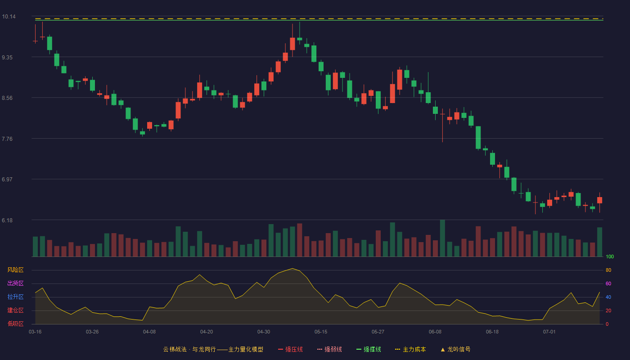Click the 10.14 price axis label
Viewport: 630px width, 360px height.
(9, 17)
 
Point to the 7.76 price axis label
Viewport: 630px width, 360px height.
(7, 139)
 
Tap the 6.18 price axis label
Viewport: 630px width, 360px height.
(7, 220)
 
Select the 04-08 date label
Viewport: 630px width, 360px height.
(149, 332)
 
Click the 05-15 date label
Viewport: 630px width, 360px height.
(321, 332)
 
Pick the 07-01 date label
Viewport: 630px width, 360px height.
(549, 332)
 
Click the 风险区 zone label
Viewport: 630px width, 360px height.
(15, 270)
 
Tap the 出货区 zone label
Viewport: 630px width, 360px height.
(15, 283)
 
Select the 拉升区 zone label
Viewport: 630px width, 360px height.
(15, 297)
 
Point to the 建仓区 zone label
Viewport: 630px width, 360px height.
(15, 310)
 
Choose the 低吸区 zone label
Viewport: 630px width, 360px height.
(15, 324)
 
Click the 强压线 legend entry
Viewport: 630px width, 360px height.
(290, 349)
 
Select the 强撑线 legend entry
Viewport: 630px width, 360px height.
(369, 349)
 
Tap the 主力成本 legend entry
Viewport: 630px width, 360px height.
(410, 349)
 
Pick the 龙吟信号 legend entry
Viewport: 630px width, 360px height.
(455, 349)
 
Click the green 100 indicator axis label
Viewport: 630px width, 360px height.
(610, 256)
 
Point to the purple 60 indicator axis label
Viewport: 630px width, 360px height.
(608, 283)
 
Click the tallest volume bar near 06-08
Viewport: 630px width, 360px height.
(442, 238)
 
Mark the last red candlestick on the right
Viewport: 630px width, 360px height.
(599, 200)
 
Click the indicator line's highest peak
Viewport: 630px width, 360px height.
(292, 268)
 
